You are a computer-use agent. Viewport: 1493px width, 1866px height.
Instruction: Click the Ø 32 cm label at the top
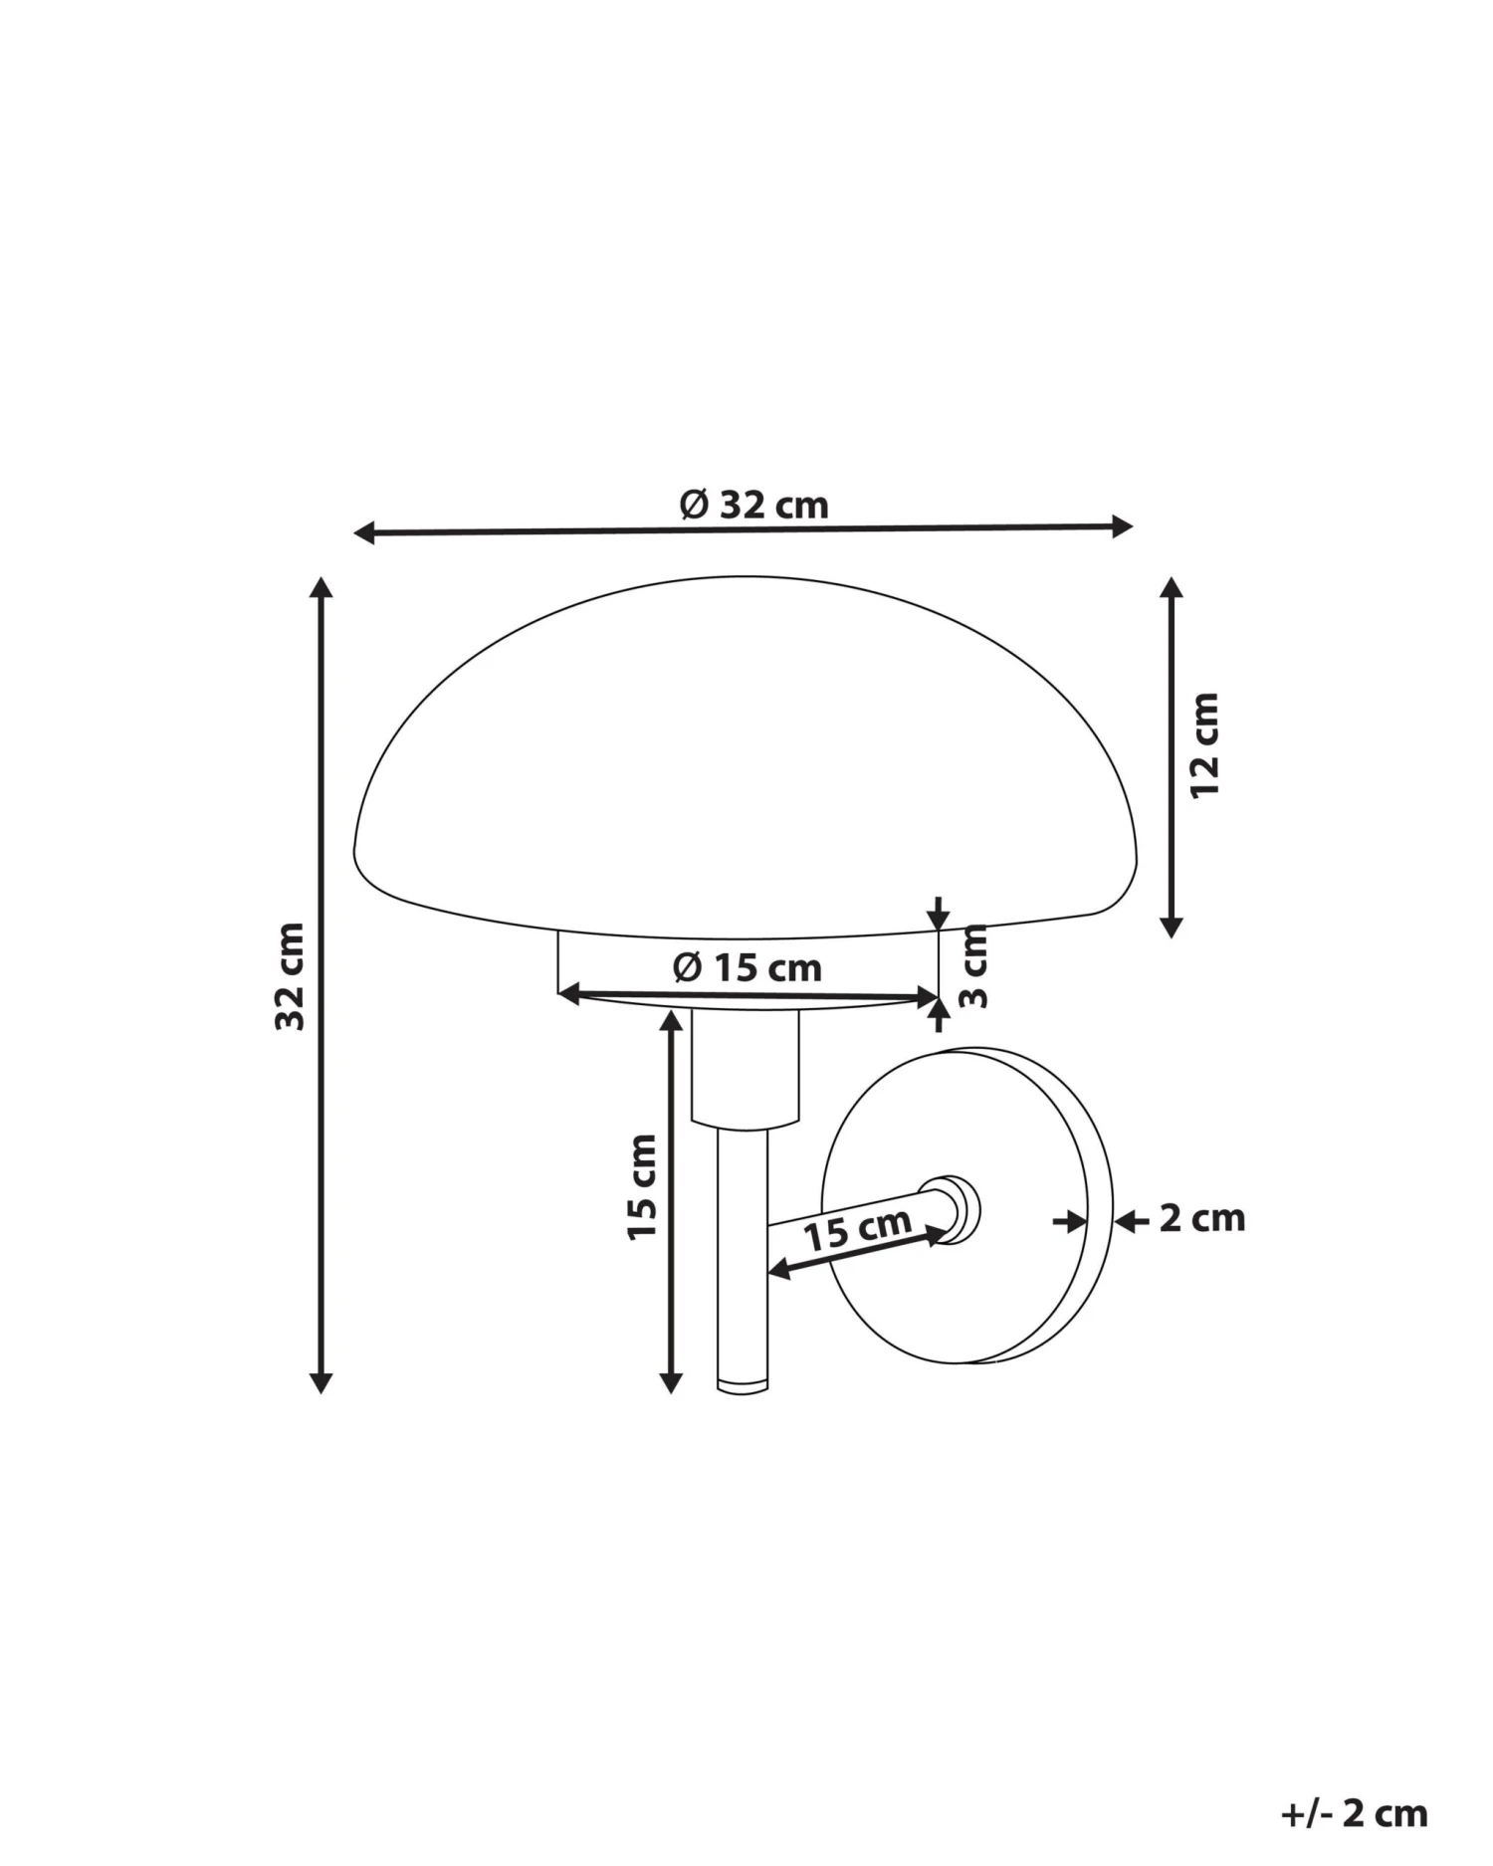[753, 506]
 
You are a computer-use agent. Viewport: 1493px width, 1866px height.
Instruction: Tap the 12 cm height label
[1204, 744]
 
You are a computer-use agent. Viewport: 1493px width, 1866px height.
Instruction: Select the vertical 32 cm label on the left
[290, 976]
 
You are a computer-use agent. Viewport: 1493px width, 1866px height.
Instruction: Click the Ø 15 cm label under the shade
[747, 967]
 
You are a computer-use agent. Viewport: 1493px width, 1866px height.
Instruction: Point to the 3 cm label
[975, 965]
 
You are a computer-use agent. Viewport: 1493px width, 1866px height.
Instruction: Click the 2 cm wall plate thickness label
[1201, 1218]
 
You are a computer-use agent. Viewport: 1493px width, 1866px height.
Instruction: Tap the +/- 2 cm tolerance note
[1354, 1813]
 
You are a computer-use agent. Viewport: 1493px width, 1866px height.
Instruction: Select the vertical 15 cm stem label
[642, 1186]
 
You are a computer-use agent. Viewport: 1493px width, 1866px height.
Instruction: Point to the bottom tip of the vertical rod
[743, 1384]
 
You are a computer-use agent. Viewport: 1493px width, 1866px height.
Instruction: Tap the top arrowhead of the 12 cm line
[1172, 588]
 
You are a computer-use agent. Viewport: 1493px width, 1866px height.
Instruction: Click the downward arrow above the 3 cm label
[938, 914]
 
